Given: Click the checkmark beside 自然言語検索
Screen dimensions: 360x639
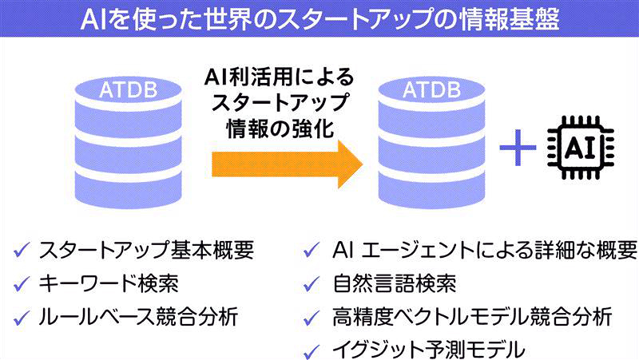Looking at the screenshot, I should [312, 284].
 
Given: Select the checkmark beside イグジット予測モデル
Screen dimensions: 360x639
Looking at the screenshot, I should [312, 349].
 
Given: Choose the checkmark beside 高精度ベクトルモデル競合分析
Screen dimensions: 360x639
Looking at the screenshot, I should [312, 317].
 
